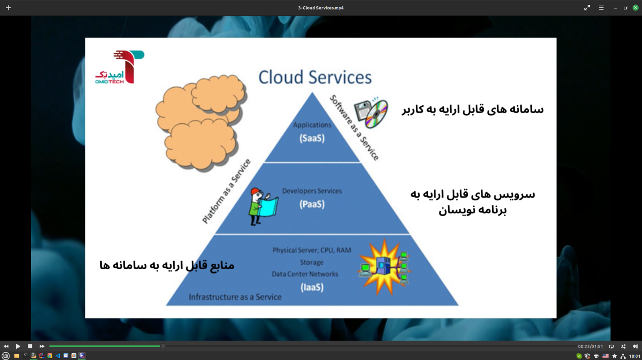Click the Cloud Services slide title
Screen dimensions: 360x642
coord(315,77)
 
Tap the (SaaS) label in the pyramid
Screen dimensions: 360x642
coord(312,139)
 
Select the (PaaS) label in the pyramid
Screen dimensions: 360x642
coord(312,204)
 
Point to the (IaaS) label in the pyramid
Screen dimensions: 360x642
coord(312,287)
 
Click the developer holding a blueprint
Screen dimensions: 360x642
coord(263,206)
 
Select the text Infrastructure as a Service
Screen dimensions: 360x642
coord(235,297)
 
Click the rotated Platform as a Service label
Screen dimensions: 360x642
coord(226,192)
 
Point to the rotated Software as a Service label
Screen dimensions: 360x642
coord(355,127)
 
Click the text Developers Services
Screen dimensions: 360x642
coord(312,191)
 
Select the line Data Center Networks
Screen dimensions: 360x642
coord(305,274)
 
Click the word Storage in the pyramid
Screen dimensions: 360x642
coord(311,262)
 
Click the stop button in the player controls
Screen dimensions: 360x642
coord(30,346)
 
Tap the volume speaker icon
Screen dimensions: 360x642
coord(635,346)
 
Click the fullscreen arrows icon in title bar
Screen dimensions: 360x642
coord(587,8)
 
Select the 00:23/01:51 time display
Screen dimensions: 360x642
coord(590,346)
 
